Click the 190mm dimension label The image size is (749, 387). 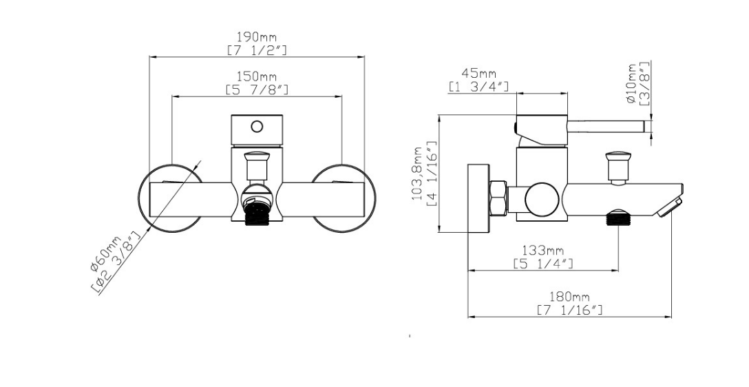257,36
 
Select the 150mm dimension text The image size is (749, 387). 257,76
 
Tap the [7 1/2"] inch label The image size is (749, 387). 257,50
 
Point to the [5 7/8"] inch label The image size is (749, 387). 257,90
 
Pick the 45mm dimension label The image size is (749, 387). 478,74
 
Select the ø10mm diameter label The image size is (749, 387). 631,83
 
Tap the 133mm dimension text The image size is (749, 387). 543,251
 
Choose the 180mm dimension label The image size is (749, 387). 569,297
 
